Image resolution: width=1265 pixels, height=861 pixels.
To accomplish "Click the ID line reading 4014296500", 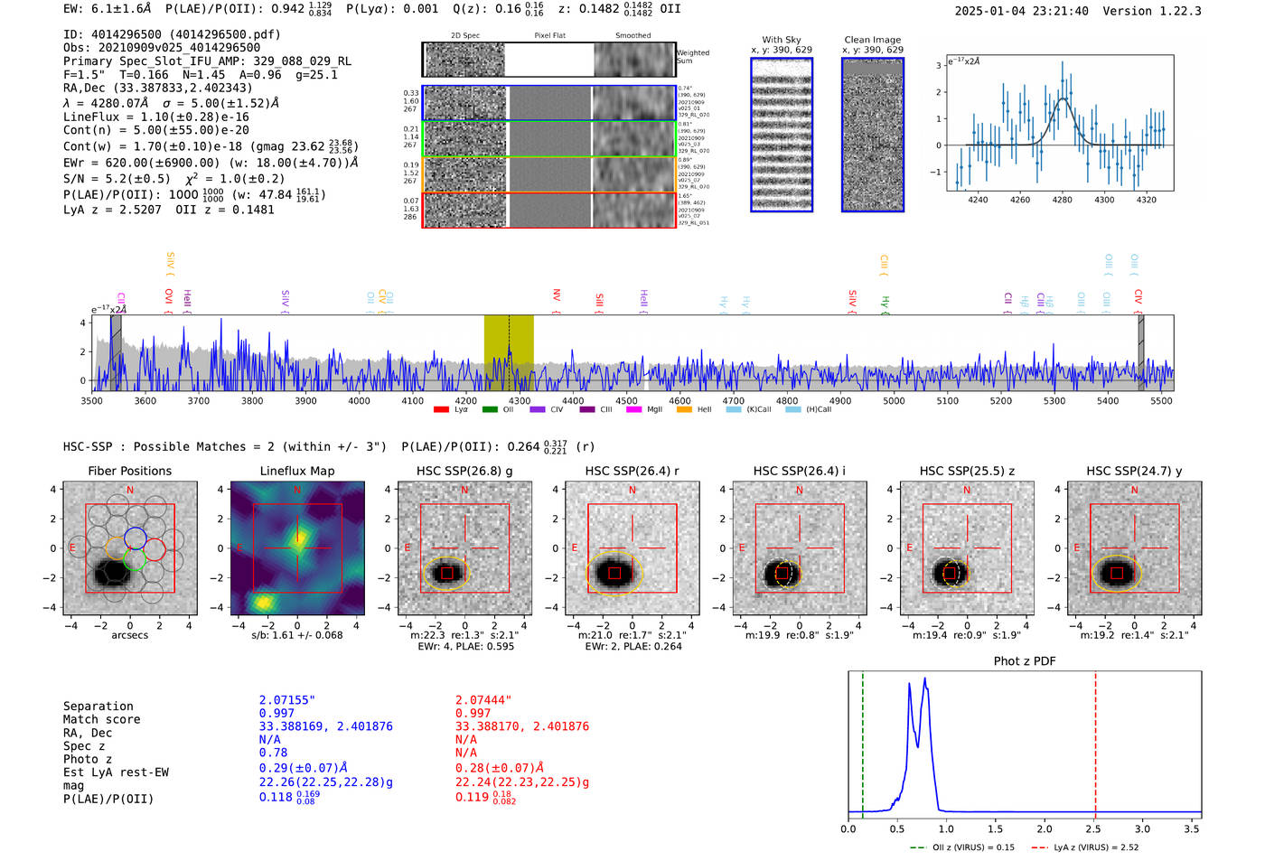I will (x=172, y=34).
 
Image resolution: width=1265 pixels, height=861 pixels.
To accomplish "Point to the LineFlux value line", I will (x=156, y=117).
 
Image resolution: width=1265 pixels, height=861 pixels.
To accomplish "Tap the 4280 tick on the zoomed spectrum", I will (x=1062, y=200).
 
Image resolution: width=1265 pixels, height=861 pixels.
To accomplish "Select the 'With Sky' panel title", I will (x=781, y=40).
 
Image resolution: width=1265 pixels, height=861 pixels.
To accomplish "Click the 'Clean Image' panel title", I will (x=872, y=40).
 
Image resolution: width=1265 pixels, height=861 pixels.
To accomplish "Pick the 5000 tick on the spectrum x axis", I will (x=894, y=401).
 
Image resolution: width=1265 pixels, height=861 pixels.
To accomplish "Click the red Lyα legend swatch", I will (x=441, y=410).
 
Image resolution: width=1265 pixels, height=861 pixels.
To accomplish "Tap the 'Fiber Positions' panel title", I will (x=129, y=471).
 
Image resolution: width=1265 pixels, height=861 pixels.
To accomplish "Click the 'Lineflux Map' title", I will (x=296, y=471).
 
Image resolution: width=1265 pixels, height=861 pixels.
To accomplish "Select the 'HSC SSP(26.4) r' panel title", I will (x=632, y=471).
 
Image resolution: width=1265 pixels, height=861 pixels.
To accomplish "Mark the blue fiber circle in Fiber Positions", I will (x=136, y=538).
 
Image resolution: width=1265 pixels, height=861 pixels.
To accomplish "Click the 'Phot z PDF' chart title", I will (x=1025, y=661).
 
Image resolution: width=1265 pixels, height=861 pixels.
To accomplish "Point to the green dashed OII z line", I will (x=863, y=741).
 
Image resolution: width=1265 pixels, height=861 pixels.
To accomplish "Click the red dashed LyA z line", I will (x=1095, y=741).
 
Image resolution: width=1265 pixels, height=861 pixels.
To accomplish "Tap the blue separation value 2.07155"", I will (x=286, y=700).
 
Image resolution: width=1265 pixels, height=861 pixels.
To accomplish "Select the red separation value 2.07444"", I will (x=483, y=700).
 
